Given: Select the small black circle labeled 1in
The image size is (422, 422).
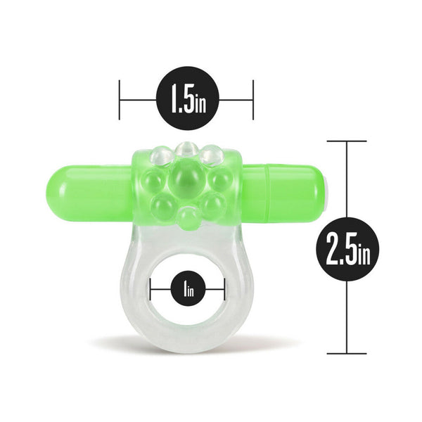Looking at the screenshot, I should pyautogui.click(x=188, y=288).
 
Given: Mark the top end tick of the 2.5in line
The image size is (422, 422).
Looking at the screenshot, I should pyautogui.click(x=347, y=141).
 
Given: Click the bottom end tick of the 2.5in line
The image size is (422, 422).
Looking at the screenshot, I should pyautogui.click(x=347, y=354).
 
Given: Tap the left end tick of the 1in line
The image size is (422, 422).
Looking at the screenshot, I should pyautogui.click(x=151, y=288).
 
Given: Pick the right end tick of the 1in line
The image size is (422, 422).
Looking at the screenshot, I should pyautogui.click(x=224, y=288).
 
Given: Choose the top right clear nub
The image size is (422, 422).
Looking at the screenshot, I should pyautogui.click(x=210, y=153).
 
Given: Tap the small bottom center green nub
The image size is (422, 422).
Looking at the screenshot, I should pyautogui.click(x=186, y=219).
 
